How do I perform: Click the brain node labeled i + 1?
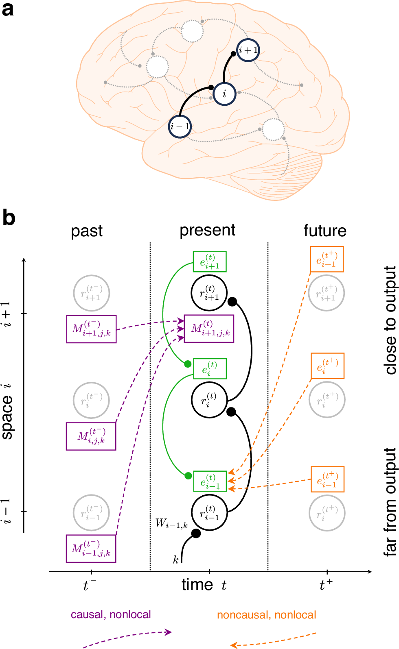click(248, 50)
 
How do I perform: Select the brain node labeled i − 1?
click(180, 126)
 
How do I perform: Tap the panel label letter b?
click(9, 218)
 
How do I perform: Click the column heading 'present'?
click(207, 230)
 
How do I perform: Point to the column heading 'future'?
click(325, 231)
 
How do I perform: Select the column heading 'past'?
click(87, 231)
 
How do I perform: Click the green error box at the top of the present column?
click(210, 261)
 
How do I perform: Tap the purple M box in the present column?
click(209, 329)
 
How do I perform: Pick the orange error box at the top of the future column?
click(327, 259)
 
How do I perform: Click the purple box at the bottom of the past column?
click(91, 549)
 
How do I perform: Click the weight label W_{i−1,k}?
click(171, 523)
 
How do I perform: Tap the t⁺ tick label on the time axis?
click(326, 585)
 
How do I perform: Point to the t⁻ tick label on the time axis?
click(90, 585)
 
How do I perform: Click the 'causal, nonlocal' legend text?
click(111, 614)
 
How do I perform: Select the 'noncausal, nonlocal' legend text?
click(266, 615)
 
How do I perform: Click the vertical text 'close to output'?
click(390, 320)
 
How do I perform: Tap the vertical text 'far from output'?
click(390, 502)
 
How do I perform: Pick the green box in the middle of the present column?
click(210, 368)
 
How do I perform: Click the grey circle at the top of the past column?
click(92, 293)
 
